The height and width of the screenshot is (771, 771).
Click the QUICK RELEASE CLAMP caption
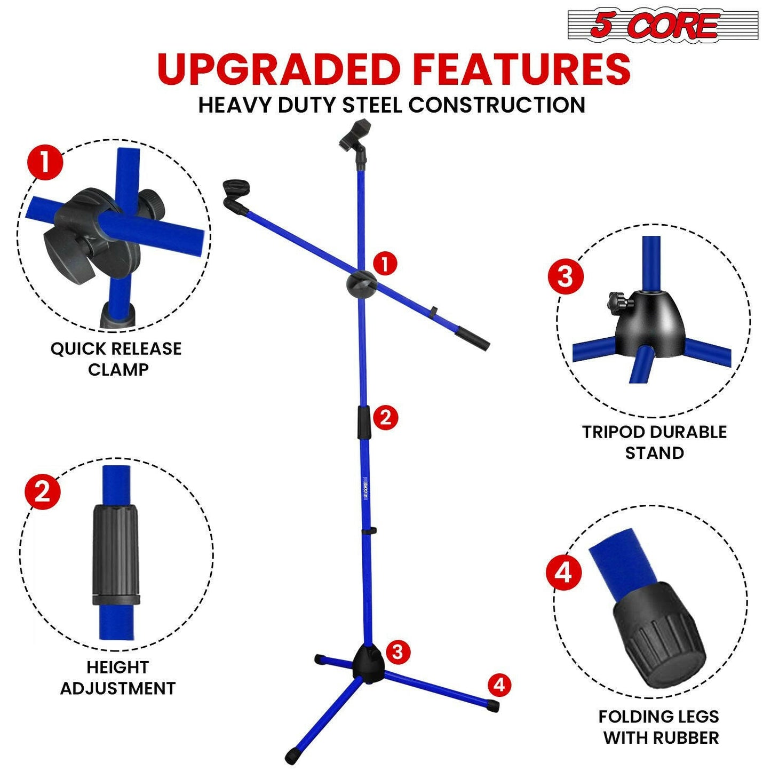(116, 359)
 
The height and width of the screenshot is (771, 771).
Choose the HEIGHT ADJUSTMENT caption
(117, 678)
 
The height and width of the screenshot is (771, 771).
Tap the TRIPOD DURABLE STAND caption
(654, 442)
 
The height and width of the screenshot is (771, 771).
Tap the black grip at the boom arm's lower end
(472, 339)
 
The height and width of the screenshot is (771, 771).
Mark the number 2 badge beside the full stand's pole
(385, 417)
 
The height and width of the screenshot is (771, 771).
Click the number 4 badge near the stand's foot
(499, 685)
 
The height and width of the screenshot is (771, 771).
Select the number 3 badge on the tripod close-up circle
(565, 276)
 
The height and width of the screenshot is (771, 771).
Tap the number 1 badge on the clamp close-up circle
(45, 162)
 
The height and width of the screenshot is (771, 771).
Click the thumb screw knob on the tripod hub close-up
(616, 303)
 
